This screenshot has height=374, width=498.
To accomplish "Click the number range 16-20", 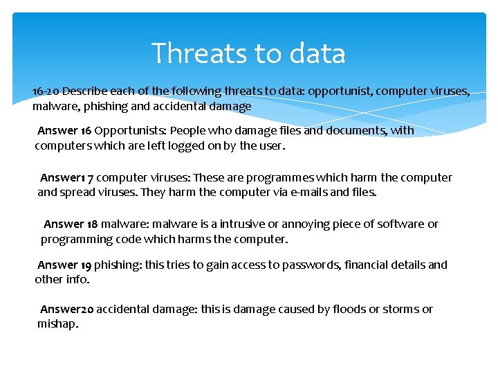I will point(46,91).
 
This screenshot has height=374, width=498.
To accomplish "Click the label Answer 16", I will point(64,130).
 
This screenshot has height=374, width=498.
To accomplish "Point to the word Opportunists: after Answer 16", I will point(130,130).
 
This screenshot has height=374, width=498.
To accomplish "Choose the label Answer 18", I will point(71,224).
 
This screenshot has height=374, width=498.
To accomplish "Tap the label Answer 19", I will point(64,265).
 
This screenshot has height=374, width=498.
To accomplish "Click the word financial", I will point(367,265).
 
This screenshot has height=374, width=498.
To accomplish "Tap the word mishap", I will point(57,324).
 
